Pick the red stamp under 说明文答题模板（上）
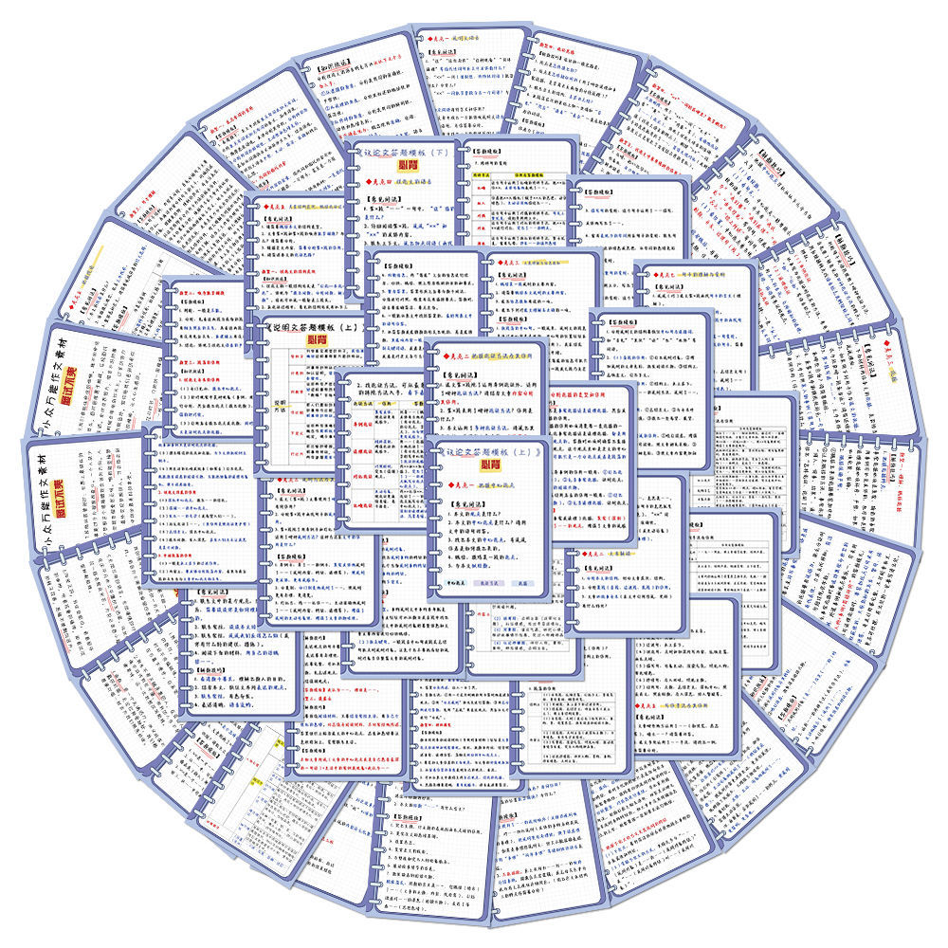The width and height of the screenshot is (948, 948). (313, 338)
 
